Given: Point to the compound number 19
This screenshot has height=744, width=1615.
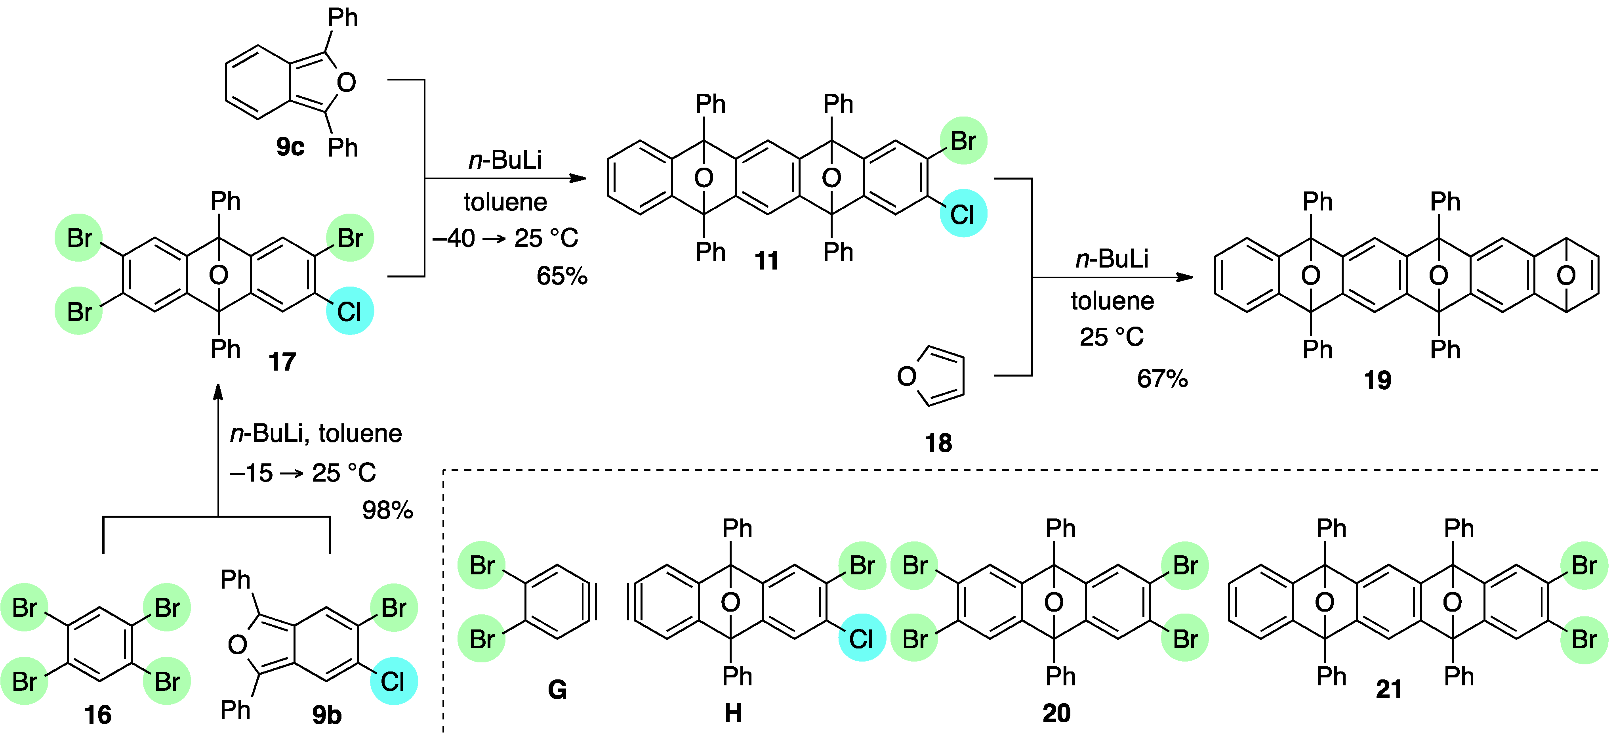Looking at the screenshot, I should (1377, 380).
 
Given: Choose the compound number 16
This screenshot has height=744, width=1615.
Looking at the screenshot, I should (98, 715).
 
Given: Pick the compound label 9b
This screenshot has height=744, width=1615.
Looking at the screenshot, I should (327, 715).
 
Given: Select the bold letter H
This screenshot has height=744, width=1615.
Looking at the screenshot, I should (733, 713).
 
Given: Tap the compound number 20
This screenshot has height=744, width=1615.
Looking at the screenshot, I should (1056, 713).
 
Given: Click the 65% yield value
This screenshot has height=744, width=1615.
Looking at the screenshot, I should (562, 276).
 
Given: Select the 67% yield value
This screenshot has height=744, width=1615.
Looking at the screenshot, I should (1162, 379).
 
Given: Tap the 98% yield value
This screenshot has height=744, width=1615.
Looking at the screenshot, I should (387, 511).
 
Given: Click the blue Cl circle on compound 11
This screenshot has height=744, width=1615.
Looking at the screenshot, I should (963, 214).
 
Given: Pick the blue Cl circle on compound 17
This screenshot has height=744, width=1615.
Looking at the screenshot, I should (350, 311).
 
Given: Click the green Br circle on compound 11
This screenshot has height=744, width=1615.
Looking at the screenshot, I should (964, 141).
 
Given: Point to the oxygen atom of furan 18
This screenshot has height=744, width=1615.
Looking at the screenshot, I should (907, 377).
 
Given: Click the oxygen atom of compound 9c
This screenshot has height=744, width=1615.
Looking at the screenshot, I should (346, 82).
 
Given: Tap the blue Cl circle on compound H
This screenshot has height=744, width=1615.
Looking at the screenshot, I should (862, 639).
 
